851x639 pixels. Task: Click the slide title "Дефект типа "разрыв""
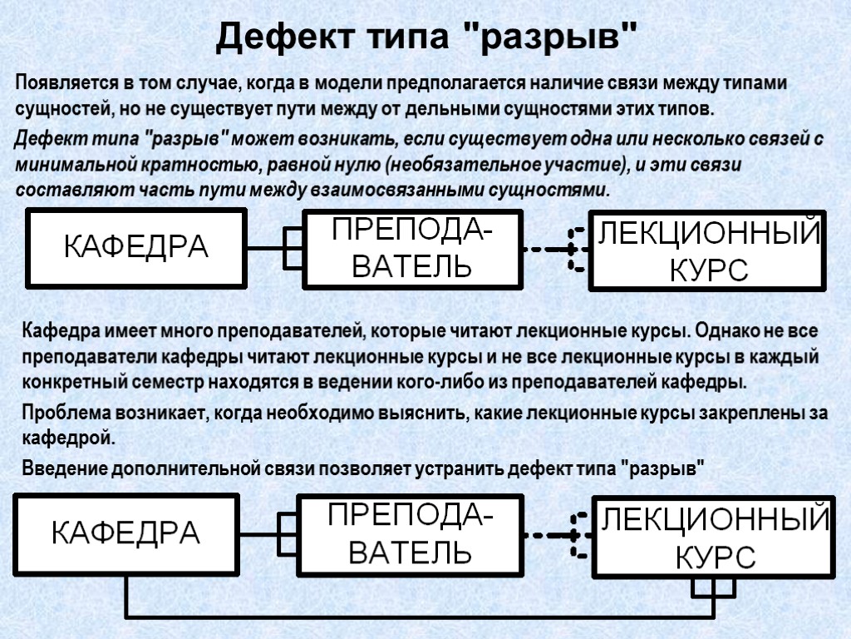click(425, 37)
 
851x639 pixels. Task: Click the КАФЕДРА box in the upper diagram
click(137, 247)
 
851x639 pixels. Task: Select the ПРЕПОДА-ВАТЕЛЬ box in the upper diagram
click(412, 247)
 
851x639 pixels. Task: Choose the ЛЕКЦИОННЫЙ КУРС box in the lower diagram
click(714, 537)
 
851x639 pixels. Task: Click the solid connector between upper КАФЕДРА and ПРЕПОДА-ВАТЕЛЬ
click(264, 248)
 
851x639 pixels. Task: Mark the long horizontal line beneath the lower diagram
click(416, 617)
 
